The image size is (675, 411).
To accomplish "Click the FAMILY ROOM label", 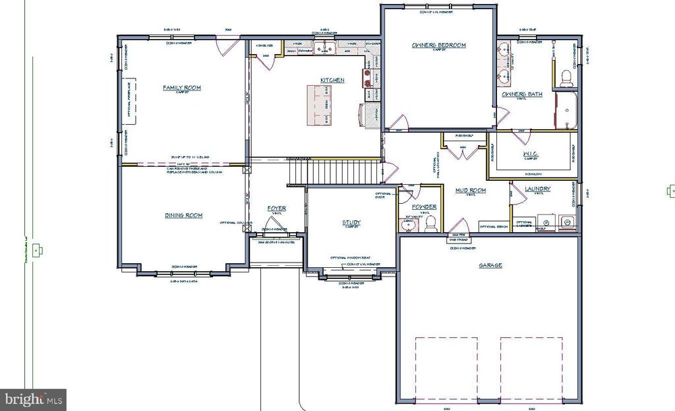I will pos(182,87).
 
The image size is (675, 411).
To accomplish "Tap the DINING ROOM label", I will pos(183,215).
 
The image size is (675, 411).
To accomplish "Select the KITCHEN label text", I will pos(332,80).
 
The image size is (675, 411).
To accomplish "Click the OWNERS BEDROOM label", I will pos(438,45).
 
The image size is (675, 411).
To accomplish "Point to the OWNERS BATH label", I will pos(522,94).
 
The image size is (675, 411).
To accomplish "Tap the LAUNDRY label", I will pos(537,189).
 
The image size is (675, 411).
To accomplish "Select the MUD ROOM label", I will pos(471,190).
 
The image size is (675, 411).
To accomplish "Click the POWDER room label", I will pos(425,206).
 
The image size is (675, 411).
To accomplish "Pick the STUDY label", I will pos(351,222).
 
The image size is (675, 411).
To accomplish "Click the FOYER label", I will pos(276,208).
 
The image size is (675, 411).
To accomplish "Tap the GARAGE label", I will pos(490,265).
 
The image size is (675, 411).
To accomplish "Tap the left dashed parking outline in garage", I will pos(446,367).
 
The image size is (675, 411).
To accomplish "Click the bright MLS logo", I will pos(33,398).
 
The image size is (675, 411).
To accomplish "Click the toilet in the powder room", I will pos(431,224).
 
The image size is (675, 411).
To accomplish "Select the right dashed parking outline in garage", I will pos(531,367).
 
